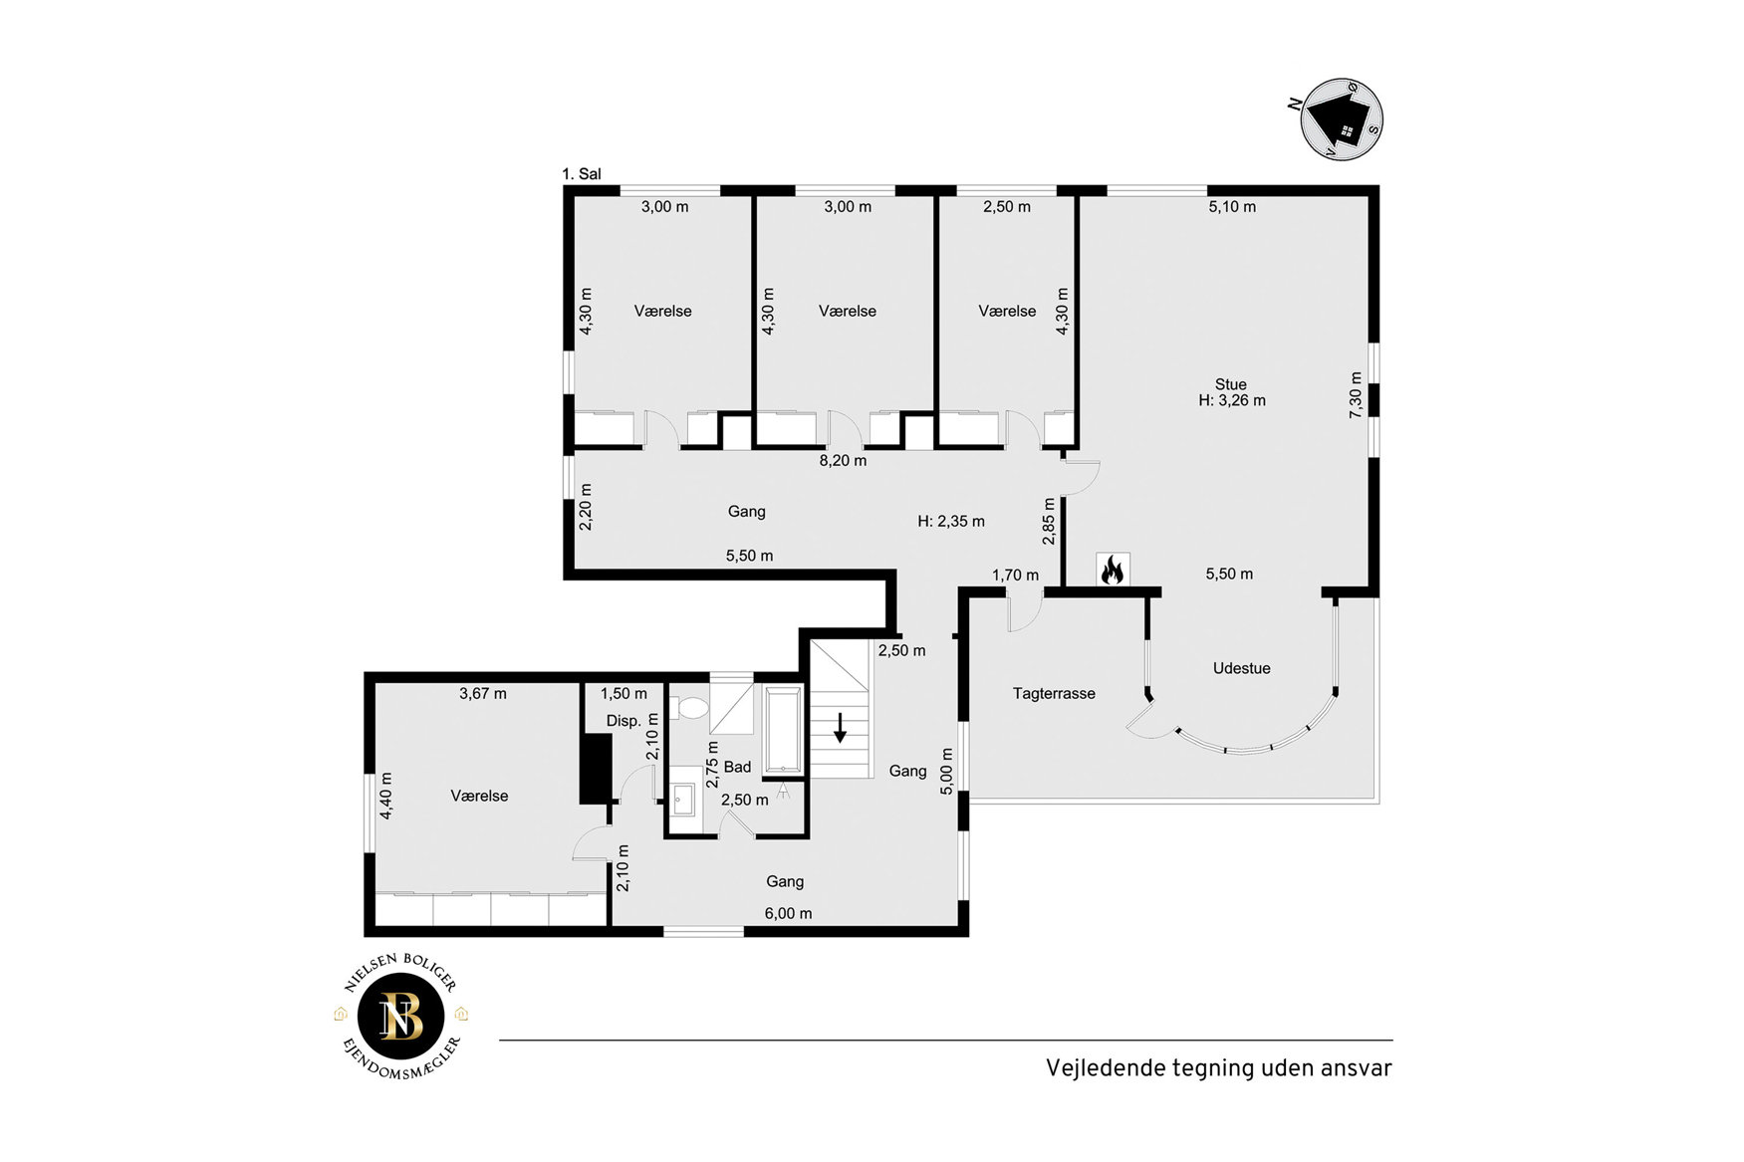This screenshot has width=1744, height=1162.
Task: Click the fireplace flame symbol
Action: [x=1113, y=570]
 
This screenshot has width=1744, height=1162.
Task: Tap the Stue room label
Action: [x=1230, y=384]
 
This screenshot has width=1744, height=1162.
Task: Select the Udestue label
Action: [x=1241, y=668]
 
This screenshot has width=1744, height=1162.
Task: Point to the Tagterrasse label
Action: [x=1054, y=693]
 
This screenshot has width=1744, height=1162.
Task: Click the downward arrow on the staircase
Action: [x=840, y=728]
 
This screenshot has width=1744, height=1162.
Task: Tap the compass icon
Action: [x=1342, y=118]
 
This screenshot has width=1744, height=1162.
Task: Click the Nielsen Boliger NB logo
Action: [x=400, y=1017]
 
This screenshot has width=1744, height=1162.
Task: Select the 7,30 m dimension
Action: [x=1356, y=394]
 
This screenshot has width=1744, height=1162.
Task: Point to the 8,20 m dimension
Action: [x=843, y=461]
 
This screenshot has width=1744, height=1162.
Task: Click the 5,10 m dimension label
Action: [x=1232, y=207]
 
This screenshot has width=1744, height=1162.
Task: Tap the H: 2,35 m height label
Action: [x=951, y=521]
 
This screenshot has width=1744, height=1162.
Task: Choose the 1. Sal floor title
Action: [x=582, y=174]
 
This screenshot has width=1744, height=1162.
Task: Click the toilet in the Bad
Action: [x=689, y=708]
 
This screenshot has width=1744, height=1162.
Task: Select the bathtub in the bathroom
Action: [x=784, y=729]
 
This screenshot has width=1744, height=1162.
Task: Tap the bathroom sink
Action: [x=683, y=799]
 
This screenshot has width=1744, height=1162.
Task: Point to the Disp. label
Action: [x=623, y=721]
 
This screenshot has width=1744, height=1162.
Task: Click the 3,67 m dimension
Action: [x=483, y=693]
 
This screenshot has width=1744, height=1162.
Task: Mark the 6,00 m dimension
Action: [x=788, y=913]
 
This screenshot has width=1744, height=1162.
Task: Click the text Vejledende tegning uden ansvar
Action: [x=1218, y=1068]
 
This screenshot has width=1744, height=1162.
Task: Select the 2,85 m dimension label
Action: [x=1049, y=522]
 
